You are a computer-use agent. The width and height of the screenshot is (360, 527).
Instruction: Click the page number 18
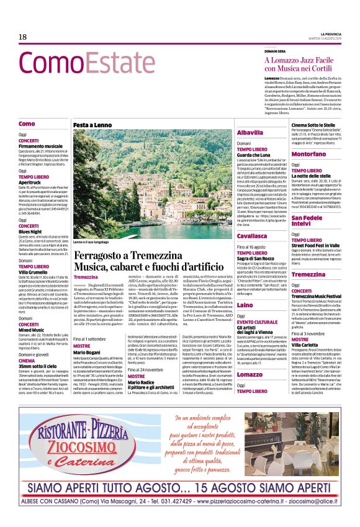[24, 38]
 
